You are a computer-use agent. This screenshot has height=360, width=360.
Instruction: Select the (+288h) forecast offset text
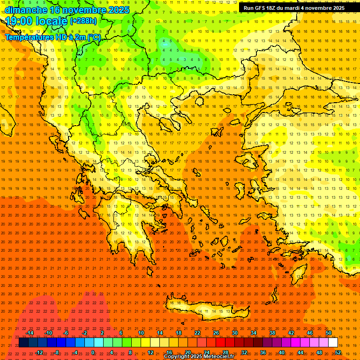click(83, 21)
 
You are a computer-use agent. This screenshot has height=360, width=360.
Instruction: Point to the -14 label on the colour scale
click(29, 333)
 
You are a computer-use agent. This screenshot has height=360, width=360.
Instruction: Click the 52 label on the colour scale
click(338, 352)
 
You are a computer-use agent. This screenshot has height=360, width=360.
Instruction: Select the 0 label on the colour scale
click(93, 352)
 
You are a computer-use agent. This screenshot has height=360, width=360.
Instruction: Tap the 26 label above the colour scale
click(216, 333)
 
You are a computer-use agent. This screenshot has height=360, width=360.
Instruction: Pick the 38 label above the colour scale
click(272, 333)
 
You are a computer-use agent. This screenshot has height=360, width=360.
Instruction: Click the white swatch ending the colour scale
click(333, 343)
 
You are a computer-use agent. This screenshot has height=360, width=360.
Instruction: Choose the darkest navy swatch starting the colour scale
click(23, 343)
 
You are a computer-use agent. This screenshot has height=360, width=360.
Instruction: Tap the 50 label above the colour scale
click(328, 333)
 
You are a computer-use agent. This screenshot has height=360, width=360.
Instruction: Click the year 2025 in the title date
click(119, 10)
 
